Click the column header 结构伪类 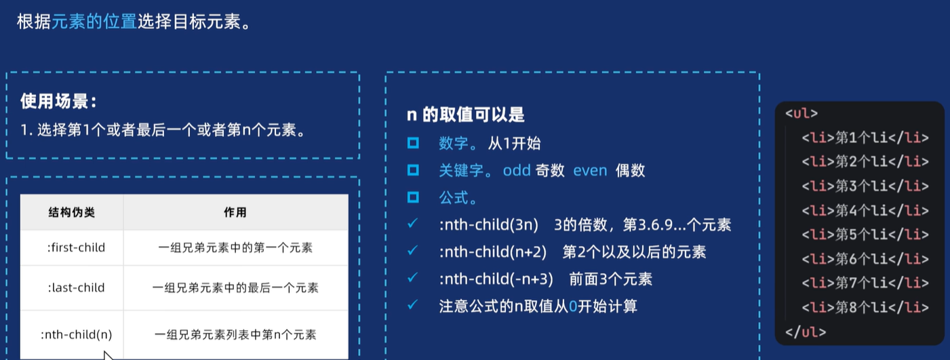[72, 212]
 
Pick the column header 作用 [235, 212]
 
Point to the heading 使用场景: [58, 102]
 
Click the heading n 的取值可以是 [465, 115]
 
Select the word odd [517, 170]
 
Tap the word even [590, 170]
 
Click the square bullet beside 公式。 [413, 197]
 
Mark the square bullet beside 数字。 [413, 143]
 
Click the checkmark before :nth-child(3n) [412, 224]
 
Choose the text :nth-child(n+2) [493, 252]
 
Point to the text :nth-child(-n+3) [496, 279]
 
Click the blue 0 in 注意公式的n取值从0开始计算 [573, 306]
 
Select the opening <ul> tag [801, 114]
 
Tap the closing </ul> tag [806, 332]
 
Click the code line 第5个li [865, 235]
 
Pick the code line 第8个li [865, 307]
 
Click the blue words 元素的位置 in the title [94, 21]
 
